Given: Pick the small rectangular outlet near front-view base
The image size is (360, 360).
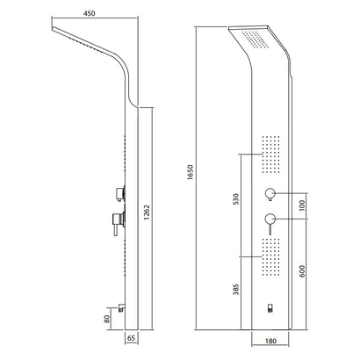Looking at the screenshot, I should tap(270, 307).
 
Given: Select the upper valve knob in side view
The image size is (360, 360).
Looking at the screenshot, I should tap(119, 191).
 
